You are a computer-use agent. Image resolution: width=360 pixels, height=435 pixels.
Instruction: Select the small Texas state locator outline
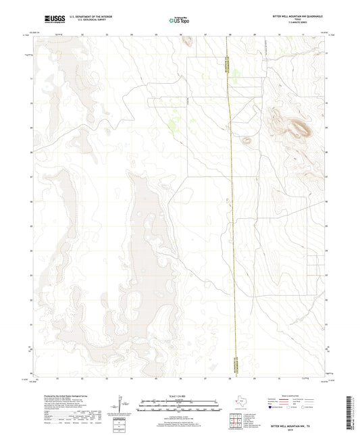tap(238, 401)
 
